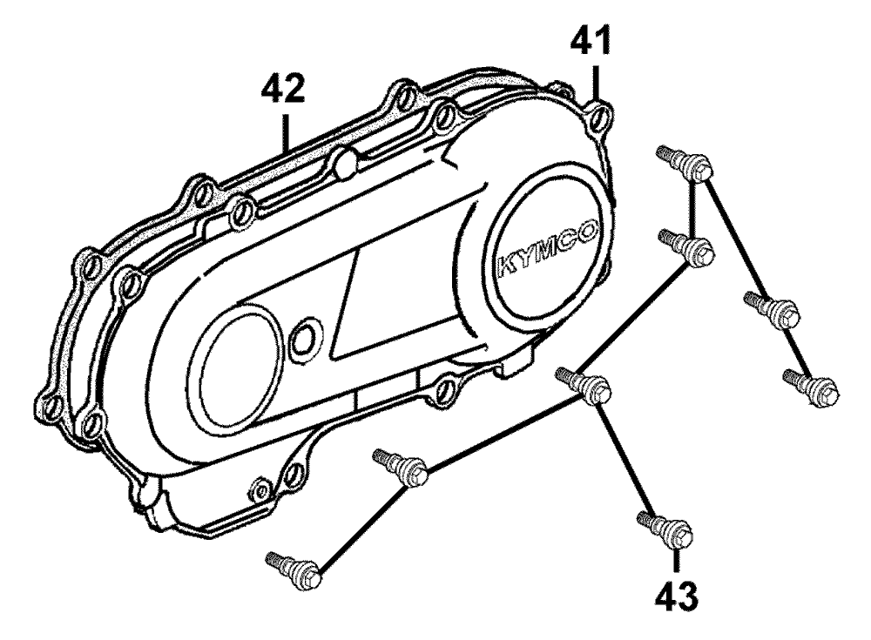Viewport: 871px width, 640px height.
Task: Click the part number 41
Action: [x=592, y=41]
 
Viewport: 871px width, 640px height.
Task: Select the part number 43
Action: [x=677, y=596]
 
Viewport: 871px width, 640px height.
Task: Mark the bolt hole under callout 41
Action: [x=598, y=120]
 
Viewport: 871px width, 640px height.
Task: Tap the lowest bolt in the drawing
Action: [x=296, y=569]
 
